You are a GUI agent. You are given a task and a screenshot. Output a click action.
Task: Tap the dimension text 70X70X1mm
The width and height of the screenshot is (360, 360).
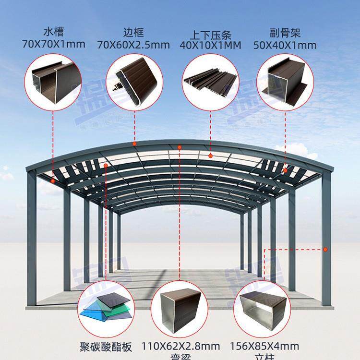click(x=54, y=45)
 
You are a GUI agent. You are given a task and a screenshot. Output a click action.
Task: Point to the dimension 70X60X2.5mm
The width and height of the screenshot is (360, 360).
click(x=133, y=45)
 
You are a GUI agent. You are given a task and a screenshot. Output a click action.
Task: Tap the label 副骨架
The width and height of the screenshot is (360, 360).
click(x=286, y=34)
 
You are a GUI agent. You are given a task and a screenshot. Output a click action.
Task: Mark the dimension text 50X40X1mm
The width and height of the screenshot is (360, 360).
click(x=286, y=45)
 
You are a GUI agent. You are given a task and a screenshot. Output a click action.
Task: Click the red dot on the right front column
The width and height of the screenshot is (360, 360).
click(x=325, y=249)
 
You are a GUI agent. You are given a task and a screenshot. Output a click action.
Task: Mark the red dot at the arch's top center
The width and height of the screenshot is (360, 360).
click(x=180, y=147)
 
